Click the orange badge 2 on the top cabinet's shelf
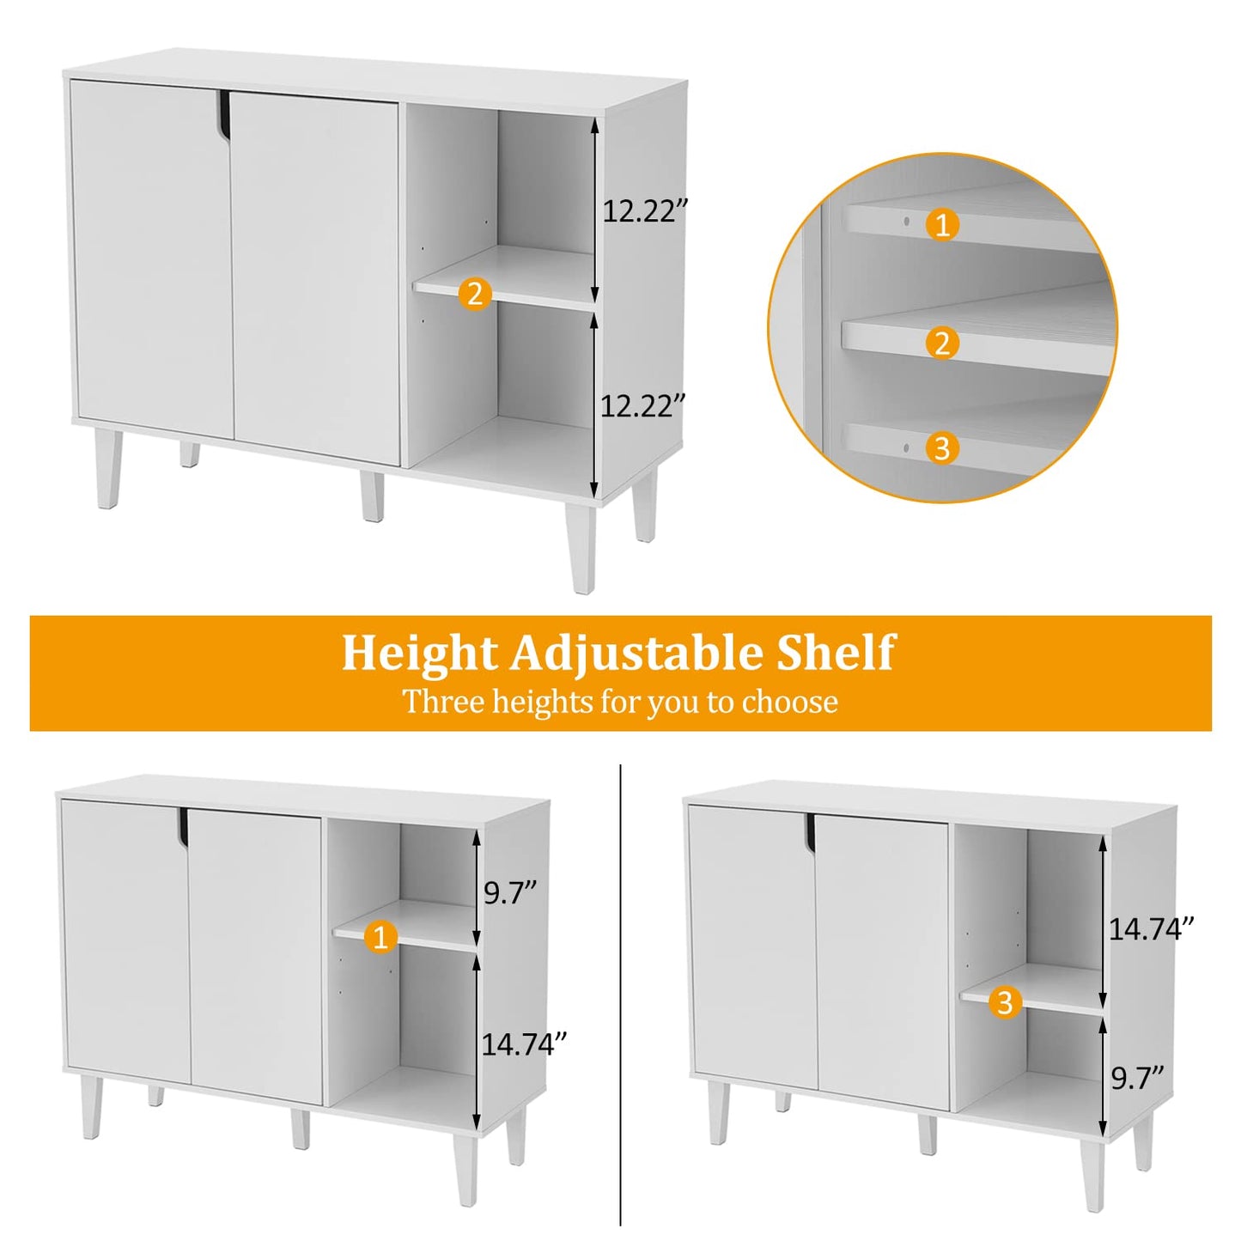(475, 294)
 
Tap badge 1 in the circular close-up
(942, 226)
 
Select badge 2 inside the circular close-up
(942, 344)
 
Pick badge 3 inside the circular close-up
(942, 448)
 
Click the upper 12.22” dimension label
(645, 211)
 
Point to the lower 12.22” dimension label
(642, 405)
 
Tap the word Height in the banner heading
(419, 654)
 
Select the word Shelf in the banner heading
(835, 654)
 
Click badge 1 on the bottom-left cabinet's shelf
(380, 936)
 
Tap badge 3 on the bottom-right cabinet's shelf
(1005, 1001)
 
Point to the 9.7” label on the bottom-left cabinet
(509, 893)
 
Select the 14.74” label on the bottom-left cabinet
(524, 1044)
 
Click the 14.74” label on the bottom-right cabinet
(1151, 928)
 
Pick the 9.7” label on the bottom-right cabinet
(1137, 1078)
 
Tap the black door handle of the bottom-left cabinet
(184, 828)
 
